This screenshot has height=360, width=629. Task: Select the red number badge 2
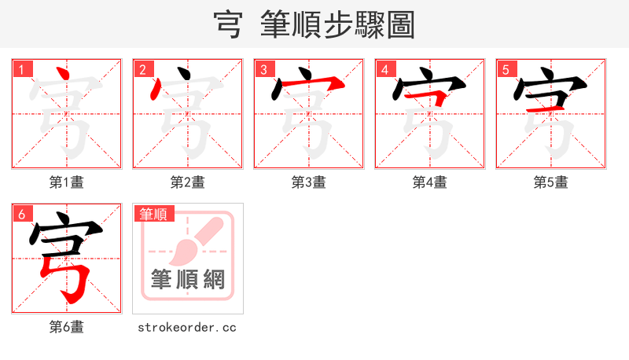click(x=142, y=69)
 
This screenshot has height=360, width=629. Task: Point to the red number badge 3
click(x=264, y=69)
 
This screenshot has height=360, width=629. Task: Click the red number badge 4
click(x=384, y=69)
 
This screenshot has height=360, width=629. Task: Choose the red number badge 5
click(x=506, y=69)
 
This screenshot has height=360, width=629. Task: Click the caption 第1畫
click(x=67, y=182)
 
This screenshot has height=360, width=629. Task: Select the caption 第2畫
click(x=188, y=182)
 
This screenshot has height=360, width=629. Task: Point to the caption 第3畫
click(x=309, y=182)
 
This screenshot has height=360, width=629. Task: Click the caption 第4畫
click(x=430, y=182)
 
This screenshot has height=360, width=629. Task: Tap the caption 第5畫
click(x=551, y=182)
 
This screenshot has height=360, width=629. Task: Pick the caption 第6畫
click(x=67, y=327)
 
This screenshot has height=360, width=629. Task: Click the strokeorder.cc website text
click(x=187, y=327)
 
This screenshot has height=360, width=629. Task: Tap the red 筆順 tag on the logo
click(x=154, y=214)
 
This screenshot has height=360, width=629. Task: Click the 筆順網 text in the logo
click(x=188, y=279)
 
